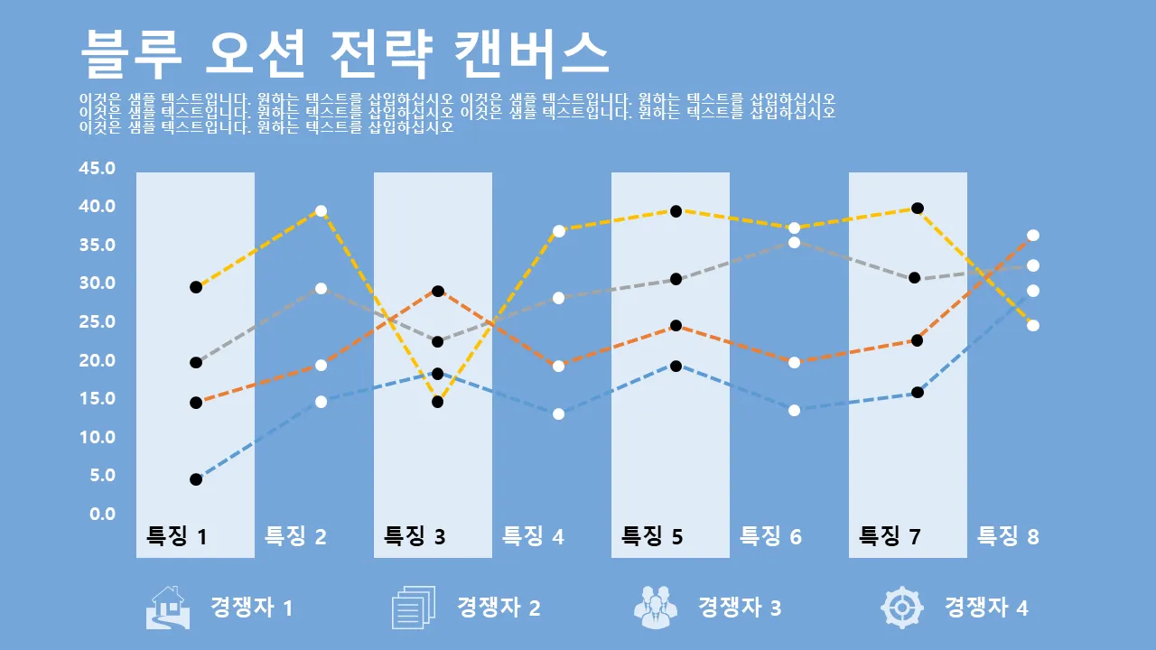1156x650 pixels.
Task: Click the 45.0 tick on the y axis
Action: [x=98, y=169]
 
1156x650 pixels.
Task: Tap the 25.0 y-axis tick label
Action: [x=98, y=322]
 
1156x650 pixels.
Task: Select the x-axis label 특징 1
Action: [x=177, y=536]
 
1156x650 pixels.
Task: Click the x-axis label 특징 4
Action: [x=533, y=536]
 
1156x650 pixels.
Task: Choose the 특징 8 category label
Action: [x=1008, y=536]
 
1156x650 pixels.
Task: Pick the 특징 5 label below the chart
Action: [x=652, y=536]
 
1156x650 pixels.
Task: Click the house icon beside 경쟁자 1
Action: [x=168, y=607]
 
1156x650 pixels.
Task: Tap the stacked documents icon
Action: [x=414, y=607]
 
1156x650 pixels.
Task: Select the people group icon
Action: [x=657, y=607]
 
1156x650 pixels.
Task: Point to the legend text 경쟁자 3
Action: [x=740, y=607]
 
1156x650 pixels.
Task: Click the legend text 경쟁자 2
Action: [x=499, y=607]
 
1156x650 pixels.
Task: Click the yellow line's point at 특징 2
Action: [x=320, y=211]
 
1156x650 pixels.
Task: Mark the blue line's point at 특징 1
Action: [x=196, y=479]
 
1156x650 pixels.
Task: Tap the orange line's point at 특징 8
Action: [x=1033, y=236]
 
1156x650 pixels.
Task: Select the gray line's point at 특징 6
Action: [x=795, y=242]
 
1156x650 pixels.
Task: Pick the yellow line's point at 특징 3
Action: [x=438, y=402]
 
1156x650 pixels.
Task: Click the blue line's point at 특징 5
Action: [x=676, y=366]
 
